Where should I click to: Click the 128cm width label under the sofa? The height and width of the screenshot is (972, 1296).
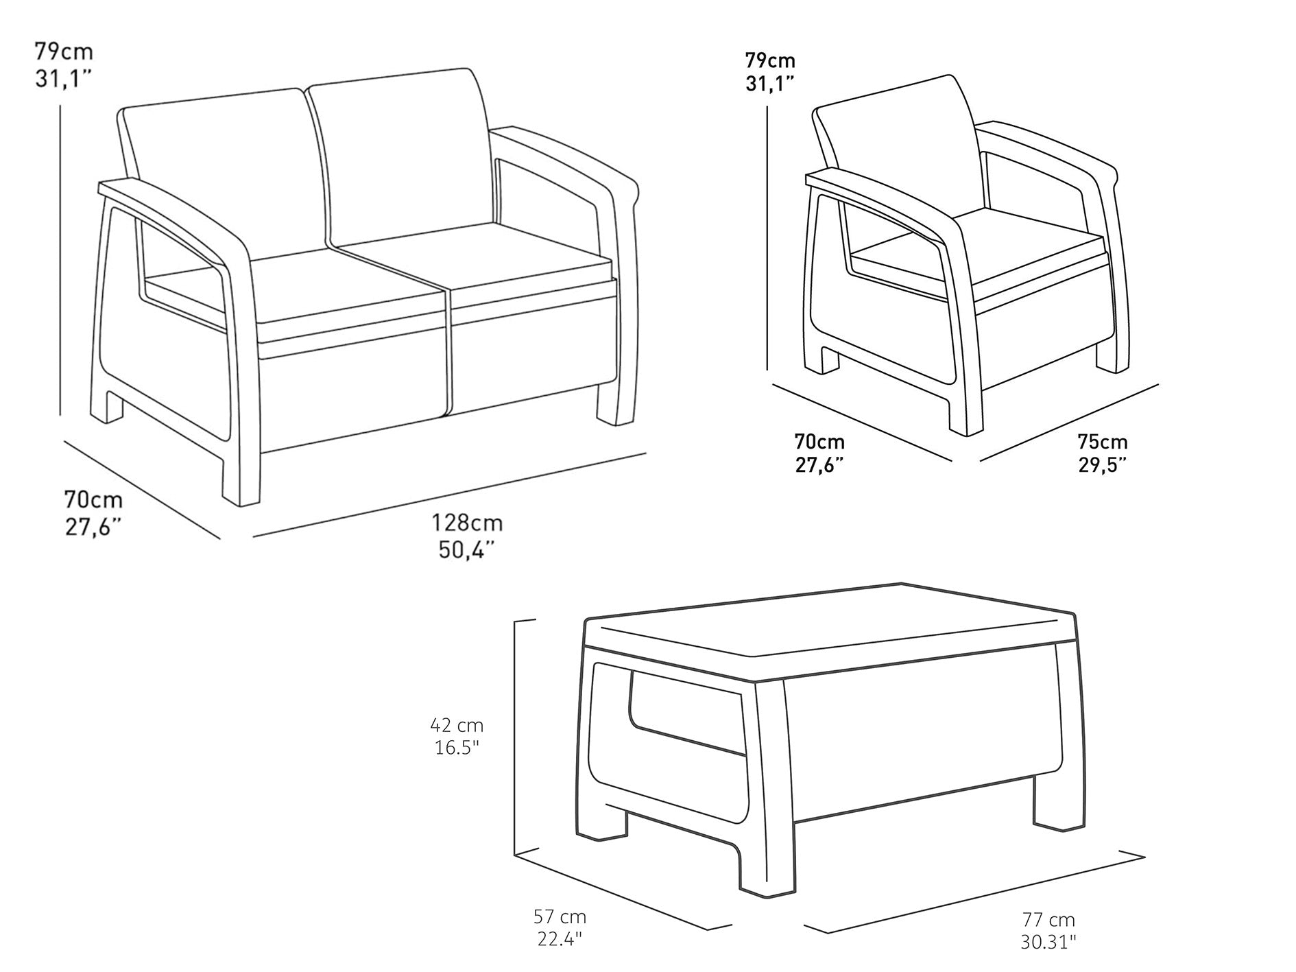click(x=467, y=523)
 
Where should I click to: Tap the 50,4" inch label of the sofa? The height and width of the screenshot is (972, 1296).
click(x=467, y=549)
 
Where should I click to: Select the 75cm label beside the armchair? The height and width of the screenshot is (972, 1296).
click(x=1102, y=441)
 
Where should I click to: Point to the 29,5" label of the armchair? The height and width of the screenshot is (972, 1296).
click(x=1102, y=465)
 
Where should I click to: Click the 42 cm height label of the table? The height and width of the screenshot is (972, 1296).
click(x=457, y=724)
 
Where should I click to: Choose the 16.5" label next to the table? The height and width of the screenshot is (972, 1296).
click(x=457, y=748)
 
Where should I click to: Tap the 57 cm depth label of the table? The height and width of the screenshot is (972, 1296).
click(x=560, y=916)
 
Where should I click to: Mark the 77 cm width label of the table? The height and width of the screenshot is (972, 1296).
click(x=1048, y=920)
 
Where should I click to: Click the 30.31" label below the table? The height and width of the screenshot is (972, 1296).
click(x=1048, y=943)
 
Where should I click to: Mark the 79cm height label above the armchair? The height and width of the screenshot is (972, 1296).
click(x=770, y=61)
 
